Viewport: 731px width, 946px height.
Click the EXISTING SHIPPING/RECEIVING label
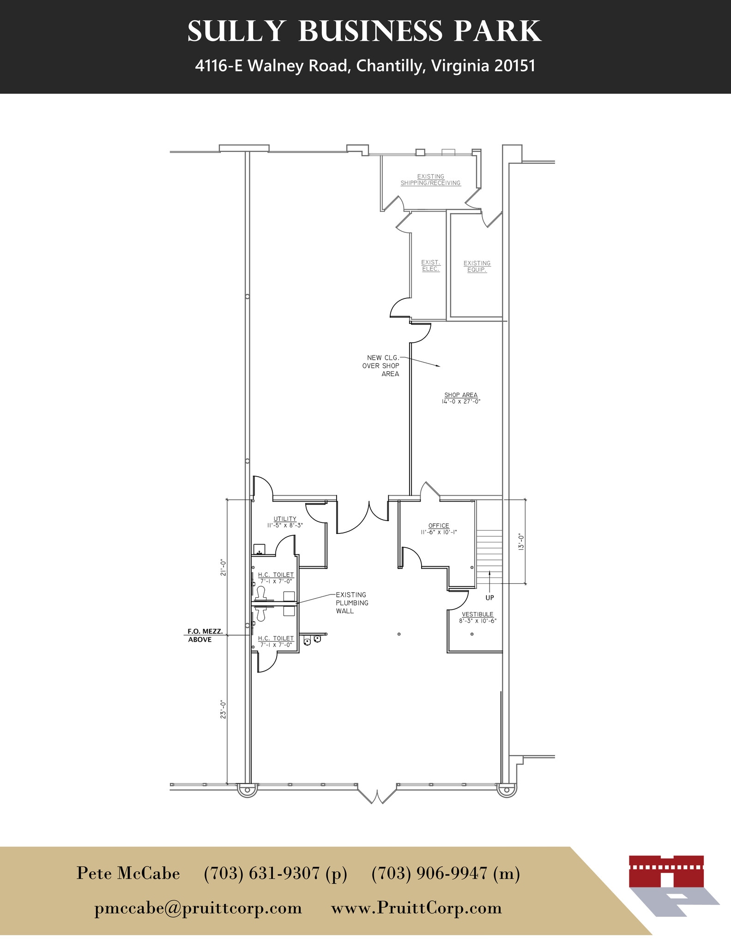point(430,180)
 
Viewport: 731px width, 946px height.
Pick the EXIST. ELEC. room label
point(431,266)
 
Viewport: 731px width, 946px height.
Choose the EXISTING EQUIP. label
point(477,267)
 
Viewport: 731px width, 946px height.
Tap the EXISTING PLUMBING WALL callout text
point(352,603)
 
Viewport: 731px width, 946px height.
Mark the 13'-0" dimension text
point(521,541)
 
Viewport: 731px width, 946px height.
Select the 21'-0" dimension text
point(223,568)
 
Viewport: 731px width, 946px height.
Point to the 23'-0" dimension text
point(223,709)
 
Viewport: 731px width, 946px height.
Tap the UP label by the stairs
point(489,598)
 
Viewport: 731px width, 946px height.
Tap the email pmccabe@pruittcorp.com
point(198,908)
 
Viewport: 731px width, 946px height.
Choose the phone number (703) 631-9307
point(275,873)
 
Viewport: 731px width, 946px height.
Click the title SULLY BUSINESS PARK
point(364,31)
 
